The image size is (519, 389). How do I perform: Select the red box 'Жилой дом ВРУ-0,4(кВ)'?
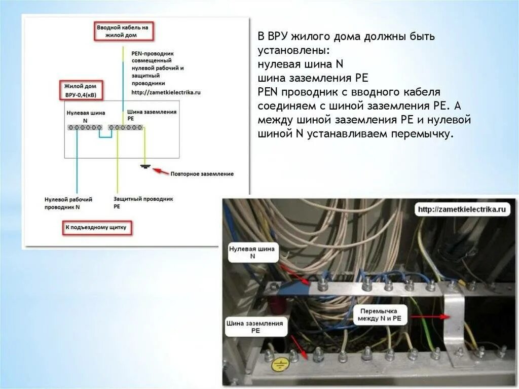click(81, 90)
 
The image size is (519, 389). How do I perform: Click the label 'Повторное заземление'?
click(202, 174)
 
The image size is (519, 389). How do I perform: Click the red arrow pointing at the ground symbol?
click(161, 171)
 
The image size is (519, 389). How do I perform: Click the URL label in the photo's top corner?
click(461, 209)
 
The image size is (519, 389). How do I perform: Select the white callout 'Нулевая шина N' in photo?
click(252, 253)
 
